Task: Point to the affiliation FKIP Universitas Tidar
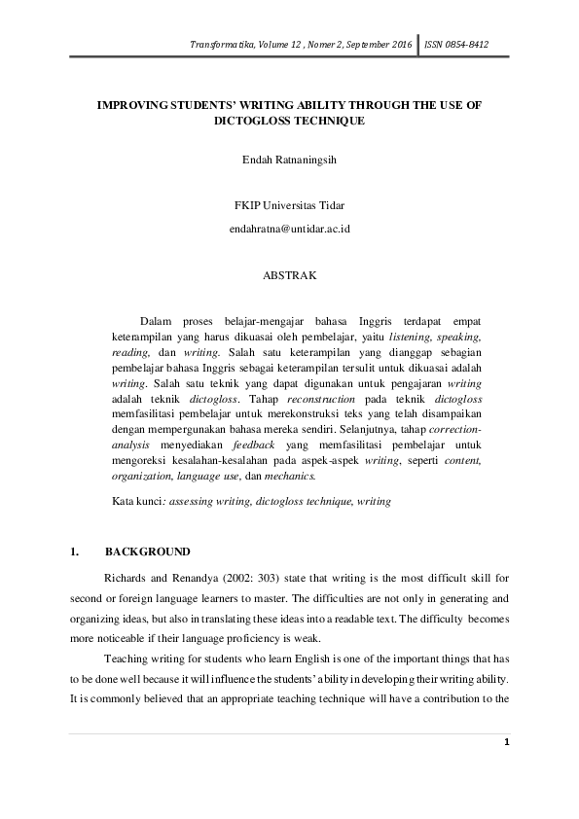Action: point(289,206)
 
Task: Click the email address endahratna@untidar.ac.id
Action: point(289,229)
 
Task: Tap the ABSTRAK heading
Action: point(289,275)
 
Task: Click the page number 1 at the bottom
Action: point(507,770)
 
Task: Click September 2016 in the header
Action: point(380,45)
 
